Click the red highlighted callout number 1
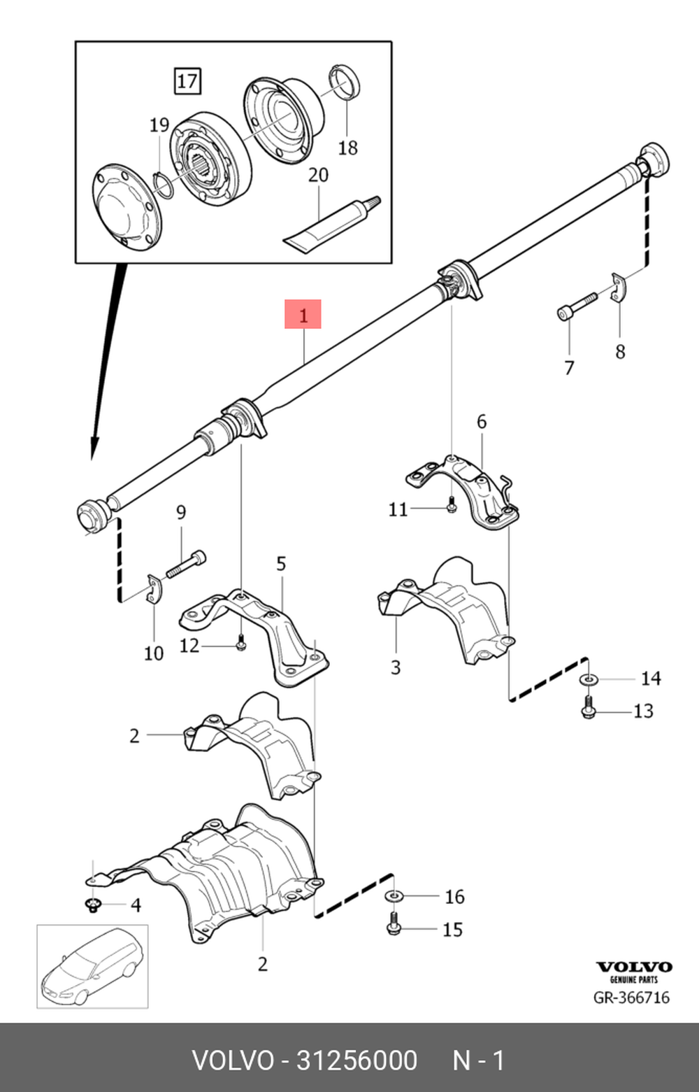coord(303,315)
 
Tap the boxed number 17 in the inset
coord(187,81)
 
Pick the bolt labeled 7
coord(577,306)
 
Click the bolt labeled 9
coord(185,562)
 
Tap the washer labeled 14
coord(589,679)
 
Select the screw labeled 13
coord(589,707)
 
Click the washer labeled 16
coord(394,896)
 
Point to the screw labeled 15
coord(393,925)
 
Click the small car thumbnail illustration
coord(92,966)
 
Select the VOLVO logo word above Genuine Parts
coord(633,967)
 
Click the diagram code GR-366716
coord(631,998)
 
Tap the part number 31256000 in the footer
coord(356,1061)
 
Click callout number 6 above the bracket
coord(481,422)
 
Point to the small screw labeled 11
coord(451,504)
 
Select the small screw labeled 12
coord(240,641)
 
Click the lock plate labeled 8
coord(618,288)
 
